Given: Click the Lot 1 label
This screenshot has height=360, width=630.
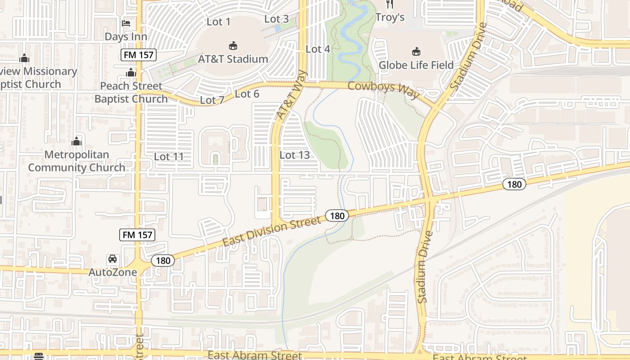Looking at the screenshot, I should point(218,22).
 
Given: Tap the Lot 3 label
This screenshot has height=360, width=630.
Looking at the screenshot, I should point(276,19).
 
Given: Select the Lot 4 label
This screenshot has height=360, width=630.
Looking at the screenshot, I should point(318,49).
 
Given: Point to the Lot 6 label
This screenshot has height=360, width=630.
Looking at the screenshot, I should point(247,94).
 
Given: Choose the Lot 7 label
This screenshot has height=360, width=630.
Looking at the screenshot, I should point(211,100).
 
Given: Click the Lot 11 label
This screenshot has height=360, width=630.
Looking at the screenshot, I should point(169,157).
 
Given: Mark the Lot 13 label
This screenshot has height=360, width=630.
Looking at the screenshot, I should point(295,155).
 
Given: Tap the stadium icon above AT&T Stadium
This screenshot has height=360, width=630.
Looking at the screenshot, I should point(233,45).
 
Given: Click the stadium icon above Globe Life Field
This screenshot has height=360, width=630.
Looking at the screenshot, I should point(416,52).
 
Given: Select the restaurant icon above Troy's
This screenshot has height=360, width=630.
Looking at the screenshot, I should point(390,4).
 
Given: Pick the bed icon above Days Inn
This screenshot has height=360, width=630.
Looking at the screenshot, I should point(126,23).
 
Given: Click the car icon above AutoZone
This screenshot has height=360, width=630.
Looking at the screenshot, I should point(112,259).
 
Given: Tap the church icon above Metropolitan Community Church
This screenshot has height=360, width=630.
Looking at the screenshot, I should point(76,141).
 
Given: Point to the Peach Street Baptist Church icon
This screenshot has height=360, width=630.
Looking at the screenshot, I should point(131,72).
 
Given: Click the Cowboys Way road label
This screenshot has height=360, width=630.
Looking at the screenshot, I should point(383,90).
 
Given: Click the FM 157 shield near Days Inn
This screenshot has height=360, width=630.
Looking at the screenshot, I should point(138,55).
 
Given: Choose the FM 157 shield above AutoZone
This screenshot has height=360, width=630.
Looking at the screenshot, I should point(138,234).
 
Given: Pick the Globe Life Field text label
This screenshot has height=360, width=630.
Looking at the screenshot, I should point(416,65).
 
